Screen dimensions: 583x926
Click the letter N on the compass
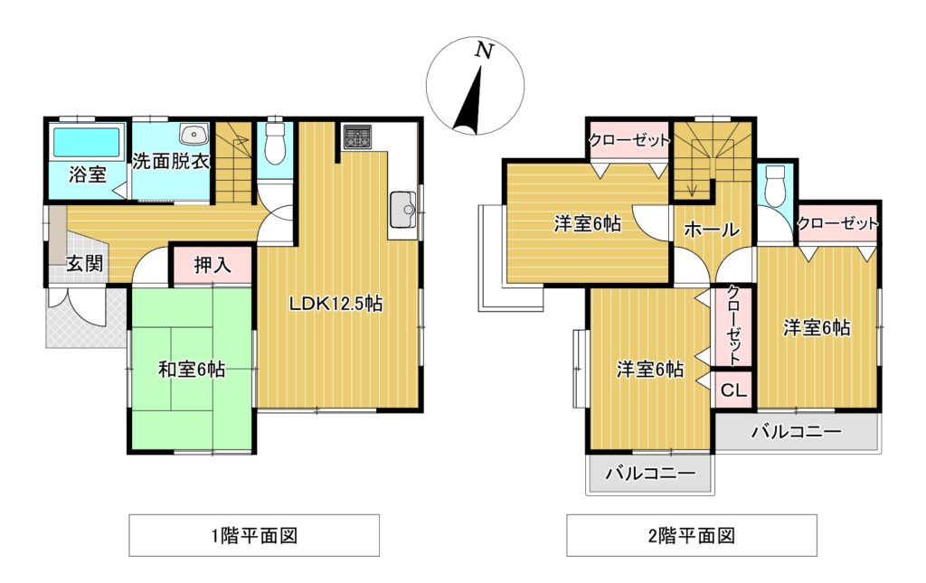click(485, 52)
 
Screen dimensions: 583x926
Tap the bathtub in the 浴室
click(87, 143)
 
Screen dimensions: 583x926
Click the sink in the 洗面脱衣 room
click(194, 136)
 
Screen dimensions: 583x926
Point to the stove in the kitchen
click(355, 137)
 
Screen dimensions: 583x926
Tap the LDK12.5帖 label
click(335, 305)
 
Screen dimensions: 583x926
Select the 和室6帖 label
click(192, 369)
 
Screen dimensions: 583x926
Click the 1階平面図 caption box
click(253, 535)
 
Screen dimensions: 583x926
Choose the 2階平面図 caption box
click(691, 535)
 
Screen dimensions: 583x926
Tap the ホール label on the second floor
click(712, 230)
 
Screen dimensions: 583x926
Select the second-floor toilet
click(774, 187)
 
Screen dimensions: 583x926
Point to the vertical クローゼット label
click(733, 325)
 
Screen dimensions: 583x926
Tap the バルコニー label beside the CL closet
click(796, 431)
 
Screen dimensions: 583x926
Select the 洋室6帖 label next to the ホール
click(587, 224)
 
